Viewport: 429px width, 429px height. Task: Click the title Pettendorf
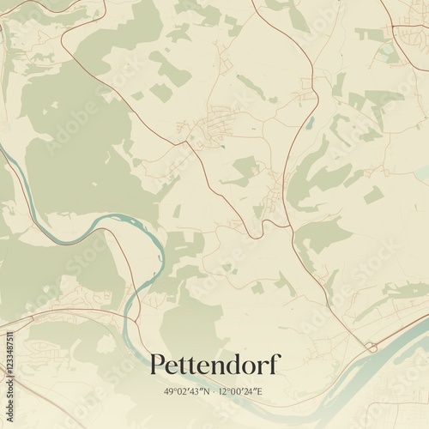coord(214,365)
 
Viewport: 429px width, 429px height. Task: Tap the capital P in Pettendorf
coord(157,365)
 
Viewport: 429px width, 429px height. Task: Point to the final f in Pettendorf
coord(275,363)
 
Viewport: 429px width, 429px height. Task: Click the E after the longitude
coord(268,391)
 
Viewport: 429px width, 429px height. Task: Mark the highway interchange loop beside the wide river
coord(372,346)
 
